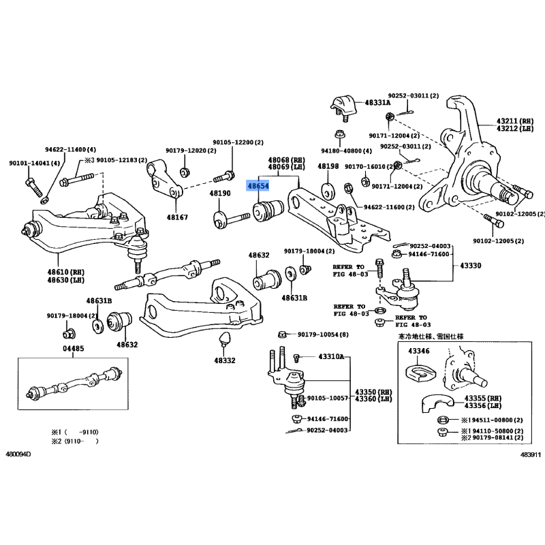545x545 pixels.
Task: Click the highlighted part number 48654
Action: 258,185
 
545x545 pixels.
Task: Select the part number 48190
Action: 220,194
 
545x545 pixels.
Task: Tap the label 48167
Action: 177,217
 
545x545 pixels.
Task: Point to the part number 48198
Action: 329,166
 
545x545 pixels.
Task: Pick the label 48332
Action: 223,360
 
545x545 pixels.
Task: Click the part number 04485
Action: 74,349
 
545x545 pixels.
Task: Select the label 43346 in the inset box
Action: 420,351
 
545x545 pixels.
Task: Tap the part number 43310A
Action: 332,357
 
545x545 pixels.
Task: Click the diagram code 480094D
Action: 19,454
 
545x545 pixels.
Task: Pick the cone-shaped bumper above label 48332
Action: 223,339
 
